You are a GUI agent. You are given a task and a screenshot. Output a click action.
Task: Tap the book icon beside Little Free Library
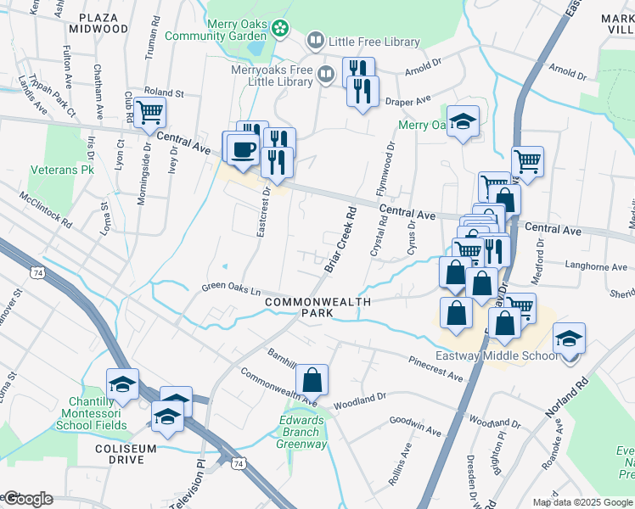[316, 41]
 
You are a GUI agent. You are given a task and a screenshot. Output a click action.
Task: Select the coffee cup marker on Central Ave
[243, 148]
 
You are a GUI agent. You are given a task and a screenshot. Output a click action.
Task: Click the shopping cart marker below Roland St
[150, 111]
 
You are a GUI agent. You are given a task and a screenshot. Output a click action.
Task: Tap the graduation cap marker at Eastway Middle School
[569, 339]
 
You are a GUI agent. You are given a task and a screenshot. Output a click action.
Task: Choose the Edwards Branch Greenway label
[303, 432]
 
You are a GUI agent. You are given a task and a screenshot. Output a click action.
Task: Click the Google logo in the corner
[27, 499]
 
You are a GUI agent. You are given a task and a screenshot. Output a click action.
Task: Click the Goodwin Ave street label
[415, 426]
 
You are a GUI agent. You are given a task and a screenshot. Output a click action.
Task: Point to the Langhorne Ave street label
[596, 267]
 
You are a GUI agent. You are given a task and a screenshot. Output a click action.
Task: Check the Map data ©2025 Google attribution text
[582, 502]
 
